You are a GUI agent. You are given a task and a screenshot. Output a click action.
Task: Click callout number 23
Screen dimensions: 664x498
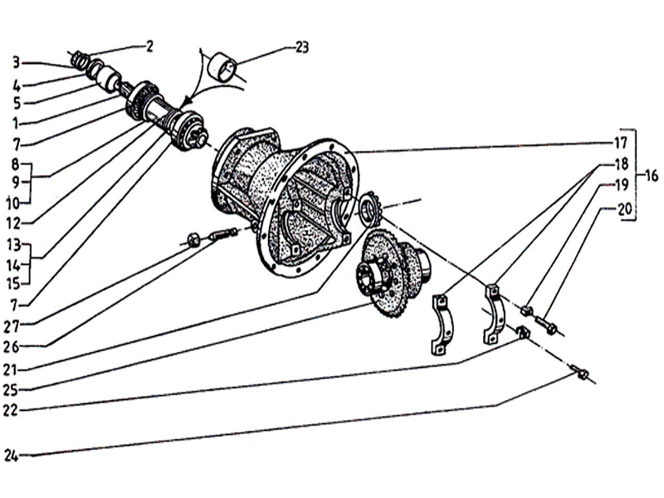tap(302, 47)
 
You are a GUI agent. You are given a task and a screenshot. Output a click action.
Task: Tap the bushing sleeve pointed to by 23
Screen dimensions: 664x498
tap(223, 66)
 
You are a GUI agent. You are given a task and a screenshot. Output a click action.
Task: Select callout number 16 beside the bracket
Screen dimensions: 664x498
tap(652, 175)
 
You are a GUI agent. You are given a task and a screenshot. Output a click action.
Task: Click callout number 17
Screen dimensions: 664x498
tap(620, 143)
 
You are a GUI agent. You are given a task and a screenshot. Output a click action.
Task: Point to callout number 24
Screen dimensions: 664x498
tap(12, 456)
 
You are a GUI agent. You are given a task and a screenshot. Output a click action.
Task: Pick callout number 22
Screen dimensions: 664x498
tap(11, 410)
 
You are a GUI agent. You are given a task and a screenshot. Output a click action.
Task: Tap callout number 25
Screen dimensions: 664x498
tap(11, 390)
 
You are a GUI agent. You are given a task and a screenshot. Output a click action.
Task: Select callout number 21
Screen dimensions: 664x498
tap(11, 370)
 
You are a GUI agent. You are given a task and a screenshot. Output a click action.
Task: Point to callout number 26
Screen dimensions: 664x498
tap(12, 347)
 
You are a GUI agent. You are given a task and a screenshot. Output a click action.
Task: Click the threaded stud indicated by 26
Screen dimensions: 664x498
tap(222, 233)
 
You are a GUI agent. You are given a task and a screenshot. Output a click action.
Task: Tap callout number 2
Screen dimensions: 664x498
tap(149, 46)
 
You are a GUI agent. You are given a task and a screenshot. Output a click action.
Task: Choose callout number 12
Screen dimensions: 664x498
tap(13, 223)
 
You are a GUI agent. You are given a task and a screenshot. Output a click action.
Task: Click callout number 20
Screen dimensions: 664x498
tap(625, 209)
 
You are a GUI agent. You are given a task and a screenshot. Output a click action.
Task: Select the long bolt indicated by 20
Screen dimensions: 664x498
tap(545, 324)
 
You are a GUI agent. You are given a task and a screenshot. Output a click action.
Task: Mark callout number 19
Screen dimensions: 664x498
tap(621, 185)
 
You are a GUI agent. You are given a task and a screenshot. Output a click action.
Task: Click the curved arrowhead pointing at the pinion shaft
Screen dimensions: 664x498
tap(185, 103)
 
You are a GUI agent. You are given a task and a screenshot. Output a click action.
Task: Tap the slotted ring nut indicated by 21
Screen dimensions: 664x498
tap(369, 207)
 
